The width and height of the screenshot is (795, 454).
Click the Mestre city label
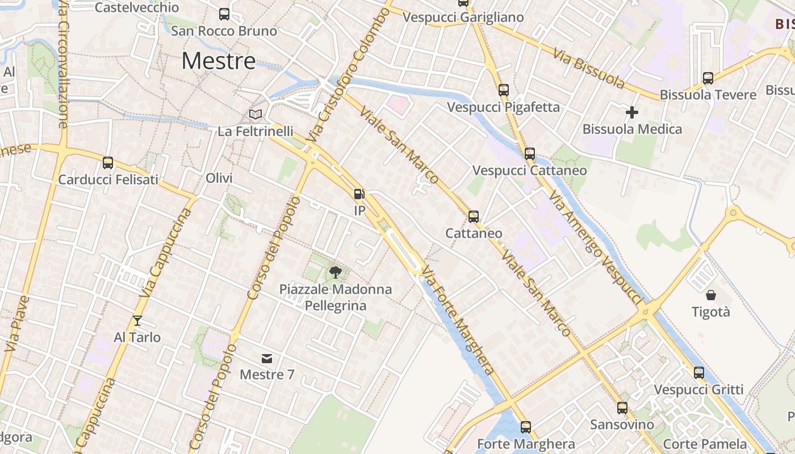pos(219,61)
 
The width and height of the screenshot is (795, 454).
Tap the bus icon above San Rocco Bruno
pos(224,14)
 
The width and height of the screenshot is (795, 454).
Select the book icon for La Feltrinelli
pos(256,115)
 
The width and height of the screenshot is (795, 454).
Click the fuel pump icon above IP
pos(359,194)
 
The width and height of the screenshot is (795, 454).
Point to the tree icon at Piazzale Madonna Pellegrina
pos(336,272)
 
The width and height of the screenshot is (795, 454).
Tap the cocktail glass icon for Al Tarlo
pos(137,321)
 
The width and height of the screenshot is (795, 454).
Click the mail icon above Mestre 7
pos(267,358)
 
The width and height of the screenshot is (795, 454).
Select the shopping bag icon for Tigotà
pos(711,295)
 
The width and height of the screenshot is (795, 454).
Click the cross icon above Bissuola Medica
pos(631,112)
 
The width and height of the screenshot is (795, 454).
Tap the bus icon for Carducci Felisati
pos(108,163)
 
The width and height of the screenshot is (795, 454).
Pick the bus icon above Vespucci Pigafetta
pos(504,90)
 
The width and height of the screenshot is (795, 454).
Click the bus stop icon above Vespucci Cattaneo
pos(530,154)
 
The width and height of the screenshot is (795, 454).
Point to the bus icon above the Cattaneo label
pos(474,216)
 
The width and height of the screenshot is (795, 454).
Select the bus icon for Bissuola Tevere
pos(708,78)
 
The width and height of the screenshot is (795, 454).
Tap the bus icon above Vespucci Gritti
pos(699,373)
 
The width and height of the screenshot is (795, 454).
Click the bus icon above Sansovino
pos(622,407)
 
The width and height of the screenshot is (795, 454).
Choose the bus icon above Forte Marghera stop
pos(526,427)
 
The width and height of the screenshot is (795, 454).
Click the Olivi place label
pos(219,178)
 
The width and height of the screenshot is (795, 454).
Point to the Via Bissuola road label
pos(589,69)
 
